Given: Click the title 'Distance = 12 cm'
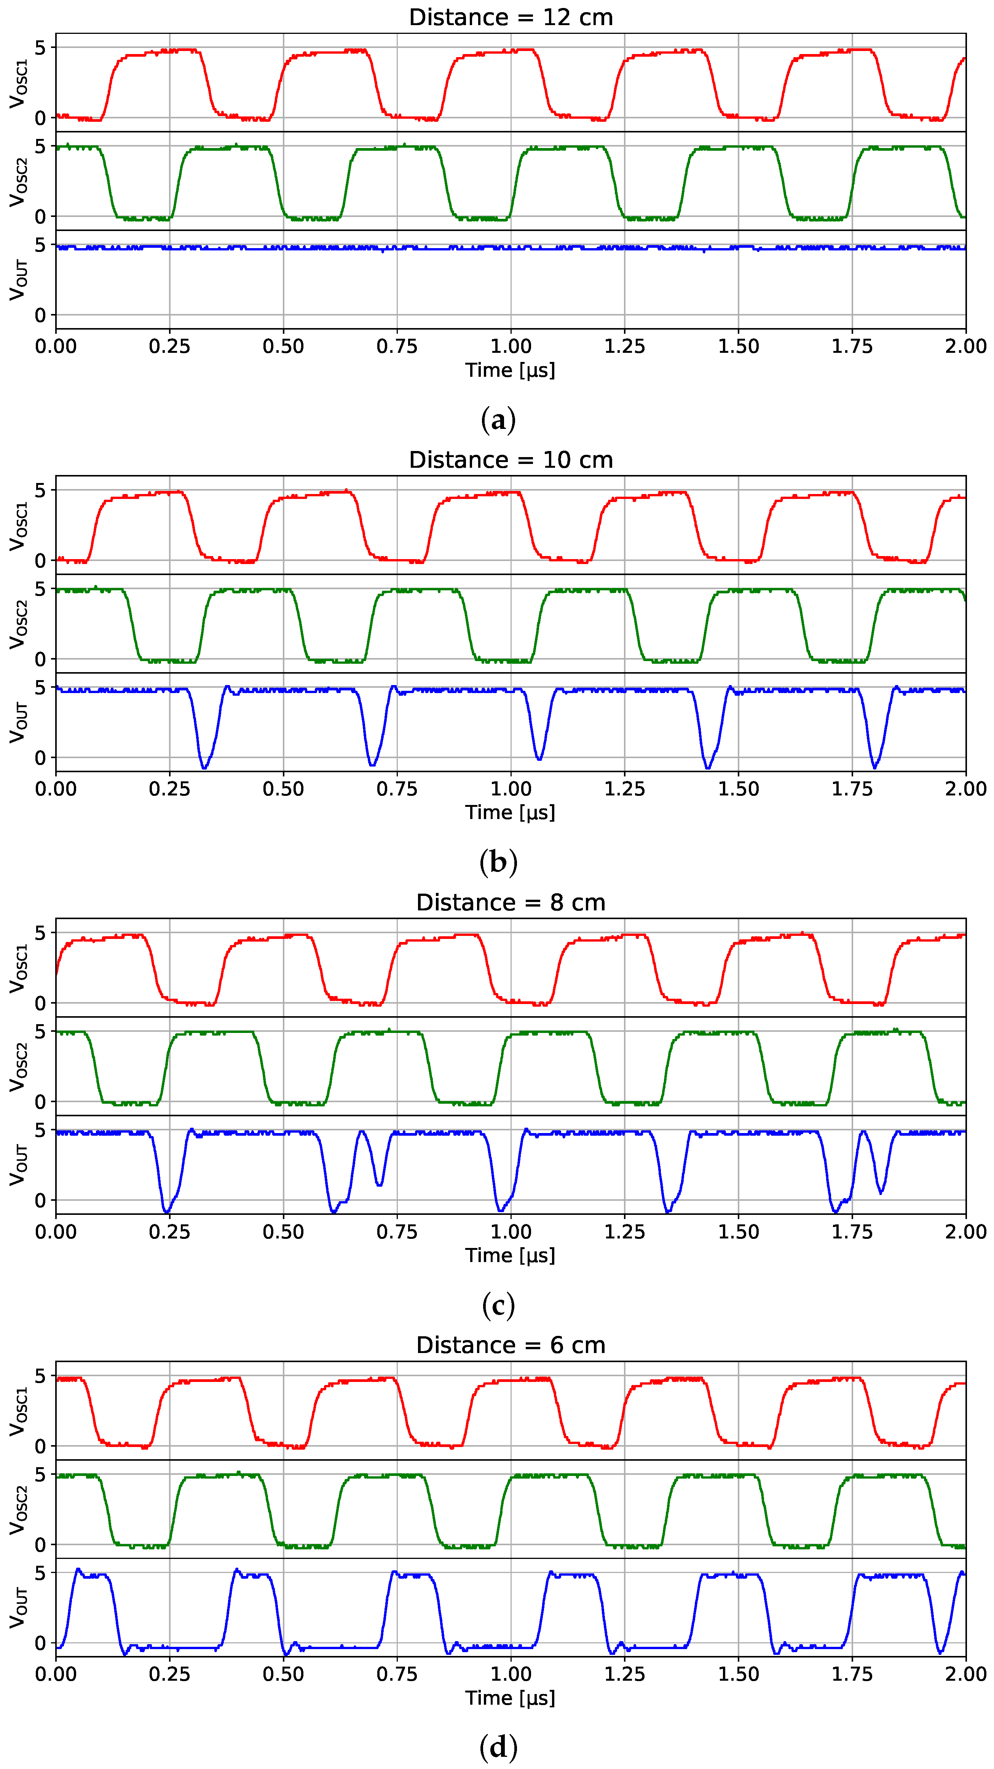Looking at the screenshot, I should [511, 17].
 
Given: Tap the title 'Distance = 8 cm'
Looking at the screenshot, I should [511, 902].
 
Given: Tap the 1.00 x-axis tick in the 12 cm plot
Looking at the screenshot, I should [511, 346].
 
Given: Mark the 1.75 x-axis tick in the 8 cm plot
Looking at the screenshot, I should [852, 1231].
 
